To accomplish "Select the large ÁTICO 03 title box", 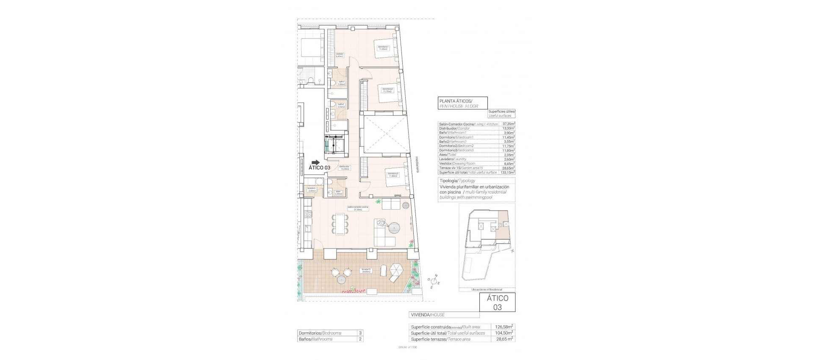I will pyautogui.click(x=497, y=303).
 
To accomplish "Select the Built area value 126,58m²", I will pyautogui.click(x=504, y=327).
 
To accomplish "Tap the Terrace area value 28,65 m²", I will pyautogui.click(x=504, y=339).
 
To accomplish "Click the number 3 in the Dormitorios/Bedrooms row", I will pyautogui.click(x=359, y=333).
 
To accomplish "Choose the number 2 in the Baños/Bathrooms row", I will pyautogui.click(x=359, y=339).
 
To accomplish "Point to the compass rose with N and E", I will pyautogui.click(x=434, y=281).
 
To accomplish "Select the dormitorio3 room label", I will pyautogui.click(x=393, y=174).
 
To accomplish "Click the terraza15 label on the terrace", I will pyautogui.click(x=366, y=270).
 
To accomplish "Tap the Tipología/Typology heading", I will pyautogui.click(x=457, y=180).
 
